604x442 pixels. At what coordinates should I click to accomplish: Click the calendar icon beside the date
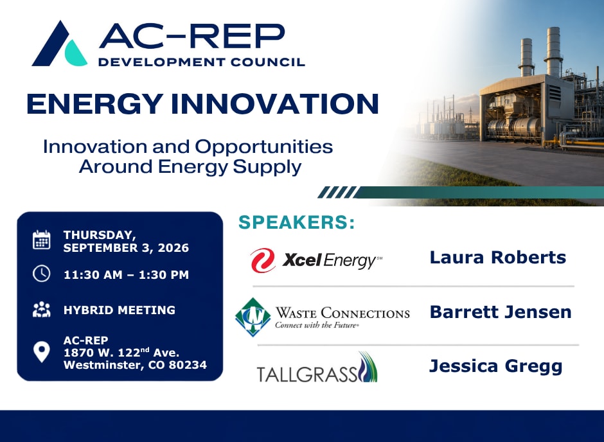click(42, 240)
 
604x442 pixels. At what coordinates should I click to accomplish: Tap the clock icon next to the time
click(42, 274)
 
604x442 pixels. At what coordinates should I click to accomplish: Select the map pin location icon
click(42, 352)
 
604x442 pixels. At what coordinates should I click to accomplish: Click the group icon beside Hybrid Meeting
click(42, 310)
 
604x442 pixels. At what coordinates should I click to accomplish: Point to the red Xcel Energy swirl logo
click(263, 260)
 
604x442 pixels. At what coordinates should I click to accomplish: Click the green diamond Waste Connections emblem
click(253, 317)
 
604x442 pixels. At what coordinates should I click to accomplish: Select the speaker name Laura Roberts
click(498, 258)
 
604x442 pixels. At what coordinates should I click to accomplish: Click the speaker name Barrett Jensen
click(501, 312)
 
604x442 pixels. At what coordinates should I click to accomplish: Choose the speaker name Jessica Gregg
click(496, 366)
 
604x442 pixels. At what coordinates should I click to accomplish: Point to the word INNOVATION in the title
click(274, 103)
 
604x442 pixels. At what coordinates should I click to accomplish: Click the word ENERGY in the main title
click(94, 103)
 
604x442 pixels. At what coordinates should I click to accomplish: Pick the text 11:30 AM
click(93, 275)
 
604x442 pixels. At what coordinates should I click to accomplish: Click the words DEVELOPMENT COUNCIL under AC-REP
click(202, 62)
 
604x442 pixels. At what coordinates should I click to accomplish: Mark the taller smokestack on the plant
click(553, 51)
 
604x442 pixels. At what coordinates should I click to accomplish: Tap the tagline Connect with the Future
click(317, 325)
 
